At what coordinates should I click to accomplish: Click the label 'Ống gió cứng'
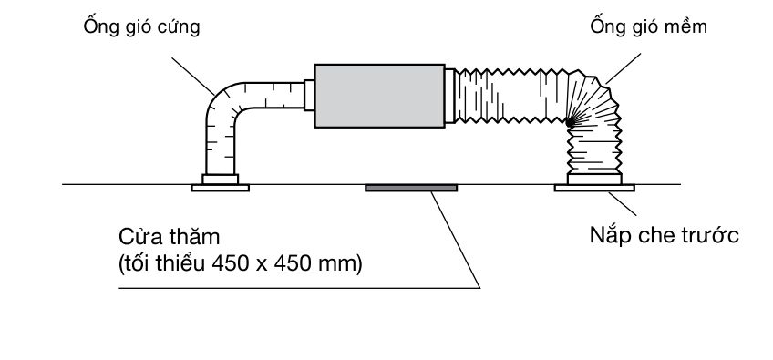pyautogui.click(x=141, y=26)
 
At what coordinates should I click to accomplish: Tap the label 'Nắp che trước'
pyautogui.click(x=664, y=235)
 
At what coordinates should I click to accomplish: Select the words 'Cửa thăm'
pyautogui.click(x=170, y=237)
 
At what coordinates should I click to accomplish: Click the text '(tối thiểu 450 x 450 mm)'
pyautogui.click(x=240, y=265)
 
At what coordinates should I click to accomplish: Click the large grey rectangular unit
pyautogui.click(x=379, y=96)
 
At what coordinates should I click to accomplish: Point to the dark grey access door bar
pyautogui.click(x=411, y=188)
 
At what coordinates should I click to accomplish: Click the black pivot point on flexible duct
pyautogui.click(x=570, y=121)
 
